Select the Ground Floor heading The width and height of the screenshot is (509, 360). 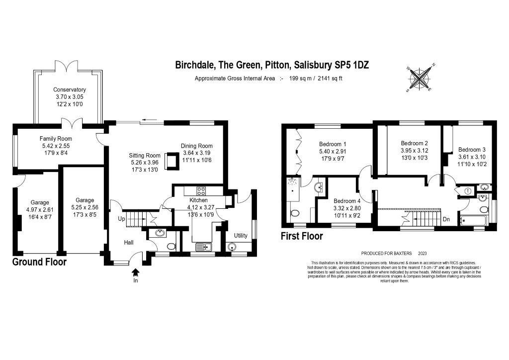pyautogui.click(x=39, y=262)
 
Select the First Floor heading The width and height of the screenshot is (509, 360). pyautogui.click(x=302, y=236)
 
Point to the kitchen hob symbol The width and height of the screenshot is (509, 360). pyautogui.click(x=202, y=191)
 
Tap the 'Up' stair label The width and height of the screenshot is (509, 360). pyautogui.click(x=121, y=219)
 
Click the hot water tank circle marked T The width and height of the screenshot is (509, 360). pyautogui.click(x=468, y=190)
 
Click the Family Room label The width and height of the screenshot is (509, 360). pyautogui.click(x=56, y=139)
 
